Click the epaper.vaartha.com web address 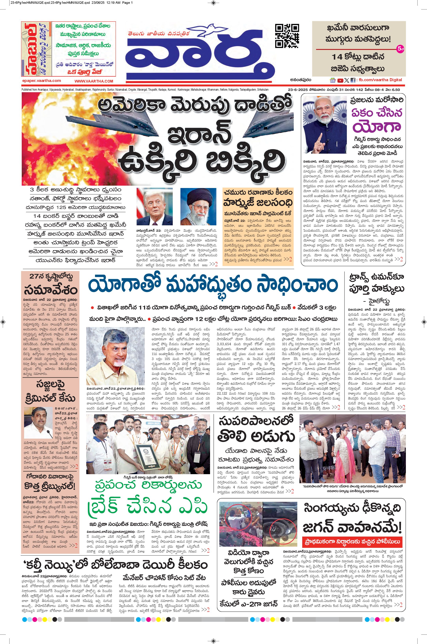pos(41,81)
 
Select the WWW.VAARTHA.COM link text pos(94,81)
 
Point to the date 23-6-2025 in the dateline pos(299,90)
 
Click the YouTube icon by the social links pos(340,80)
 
